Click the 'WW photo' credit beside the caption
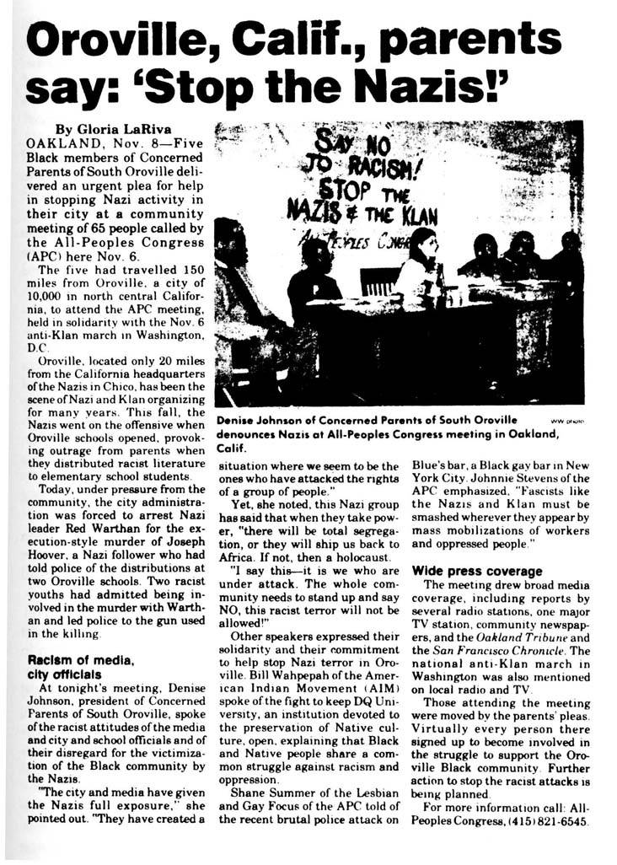[564, 420]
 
